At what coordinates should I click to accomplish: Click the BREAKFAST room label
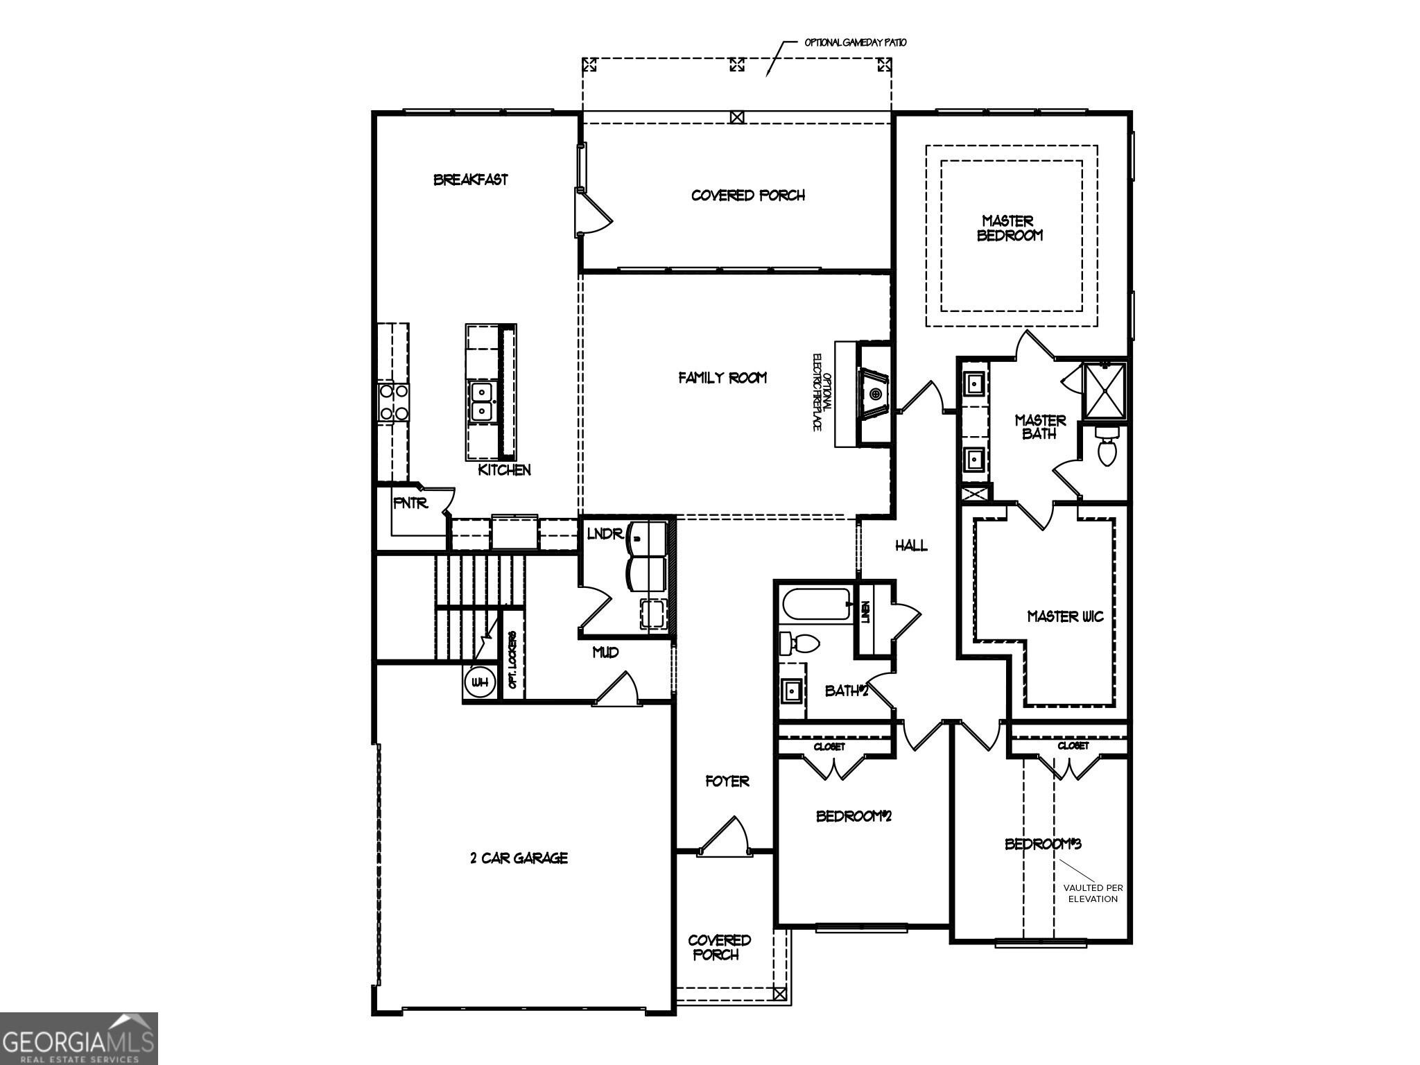click(x=470, y=180)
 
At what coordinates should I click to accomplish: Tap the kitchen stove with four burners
click(x=392, y=402)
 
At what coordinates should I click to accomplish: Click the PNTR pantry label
click(x=410, y=503)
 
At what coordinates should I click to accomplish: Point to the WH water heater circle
click(x=479, y=682)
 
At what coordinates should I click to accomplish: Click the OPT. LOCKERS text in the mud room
click(x=513, y=659)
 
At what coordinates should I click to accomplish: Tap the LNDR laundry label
click(x=605, y=534)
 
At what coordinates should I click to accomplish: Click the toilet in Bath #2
click(x=799, y=643)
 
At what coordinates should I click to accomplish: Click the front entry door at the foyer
click(x=722, y=836)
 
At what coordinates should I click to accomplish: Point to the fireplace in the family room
click(x=875, y=394)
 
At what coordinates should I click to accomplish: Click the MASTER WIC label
click(x=1065, y=616)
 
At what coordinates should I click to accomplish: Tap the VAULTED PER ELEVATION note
click(x=1093, y=893)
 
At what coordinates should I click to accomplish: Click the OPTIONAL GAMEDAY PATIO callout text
click(x=855, y=42)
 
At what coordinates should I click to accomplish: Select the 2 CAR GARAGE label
click(x=519, y=858)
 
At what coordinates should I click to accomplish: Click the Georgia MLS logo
click(x=78, y=1039)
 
